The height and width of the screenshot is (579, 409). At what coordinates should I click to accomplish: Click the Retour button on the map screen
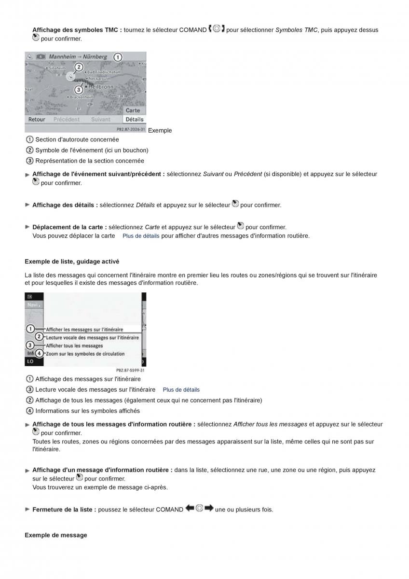pyautogui.click(x=37, y=119)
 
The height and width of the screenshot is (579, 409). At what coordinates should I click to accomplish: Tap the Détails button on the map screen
pyautogui.click(x=134, y=119)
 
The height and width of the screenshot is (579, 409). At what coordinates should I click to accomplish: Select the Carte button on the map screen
pyautogui.click(x=133, y=110)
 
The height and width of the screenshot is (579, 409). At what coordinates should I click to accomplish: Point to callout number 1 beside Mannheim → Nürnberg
pyautogui.click(x=118, y=57)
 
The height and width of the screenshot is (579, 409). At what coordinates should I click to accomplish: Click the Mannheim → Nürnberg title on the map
pyautogui.click(x=78, y=56)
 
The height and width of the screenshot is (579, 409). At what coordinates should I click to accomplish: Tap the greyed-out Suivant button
pyautogui.click(x=101, y=119)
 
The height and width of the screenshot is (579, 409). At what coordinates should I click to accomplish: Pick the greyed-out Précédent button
pyautogui.click(x=67, y=119)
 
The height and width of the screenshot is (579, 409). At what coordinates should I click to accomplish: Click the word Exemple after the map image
pyautogui.click(x=160, y=130)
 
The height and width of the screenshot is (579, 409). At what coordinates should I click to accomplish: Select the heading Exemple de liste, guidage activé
pyautogui.click(x=72, y=262)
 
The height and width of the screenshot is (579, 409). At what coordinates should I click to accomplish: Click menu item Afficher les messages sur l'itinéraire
pyautogui.click(x=84, y=330)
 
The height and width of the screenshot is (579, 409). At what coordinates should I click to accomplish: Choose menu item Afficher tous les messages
pyautogui.click(x=74, y=346)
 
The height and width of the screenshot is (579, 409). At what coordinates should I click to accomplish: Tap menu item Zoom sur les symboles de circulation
pyautogui.click(x=85, y=354)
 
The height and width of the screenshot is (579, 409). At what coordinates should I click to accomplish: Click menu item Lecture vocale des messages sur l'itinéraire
pyautogui.click(x=92, y=338)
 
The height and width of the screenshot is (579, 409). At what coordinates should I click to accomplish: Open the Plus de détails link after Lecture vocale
pyautogui.click(x=181, y=390)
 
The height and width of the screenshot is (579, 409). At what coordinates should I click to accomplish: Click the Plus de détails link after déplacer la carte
pyautogui.click(x=141, y=236)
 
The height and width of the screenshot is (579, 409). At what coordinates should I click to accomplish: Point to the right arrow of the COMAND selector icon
pyautogui.click(x=208, y=509)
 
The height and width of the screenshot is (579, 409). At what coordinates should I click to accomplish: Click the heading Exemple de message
pyautogui.click(x=56, y=535)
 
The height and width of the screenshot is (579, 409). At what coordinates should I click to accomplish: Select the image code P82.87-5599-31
pyautogui.click(x=130, y=371)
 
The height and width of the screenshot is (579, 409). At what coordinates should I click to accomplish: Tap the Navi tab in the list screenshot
pyautogui.click(x=32, y=305)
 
